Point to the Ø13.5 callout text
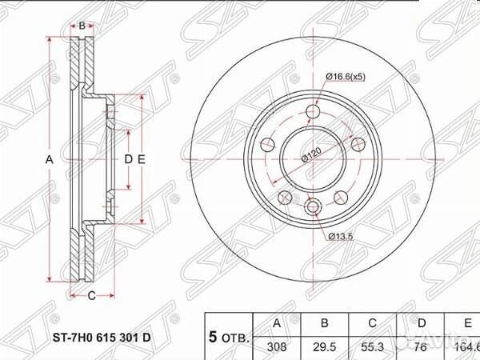click(341, 235)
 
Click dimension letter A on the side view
click(49, 160)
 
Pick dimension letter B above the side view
click(82, 26)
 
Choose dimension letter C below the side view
click(91, 296)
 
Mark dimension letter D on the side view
click(126, 160)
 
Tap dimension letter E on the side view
click(141, 160)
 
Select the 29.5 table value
click(323, 348)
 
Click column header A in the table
click(276, 323)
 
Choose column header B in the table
click(323, 323)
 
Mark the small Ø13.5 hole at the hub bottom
click(314, 207)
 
